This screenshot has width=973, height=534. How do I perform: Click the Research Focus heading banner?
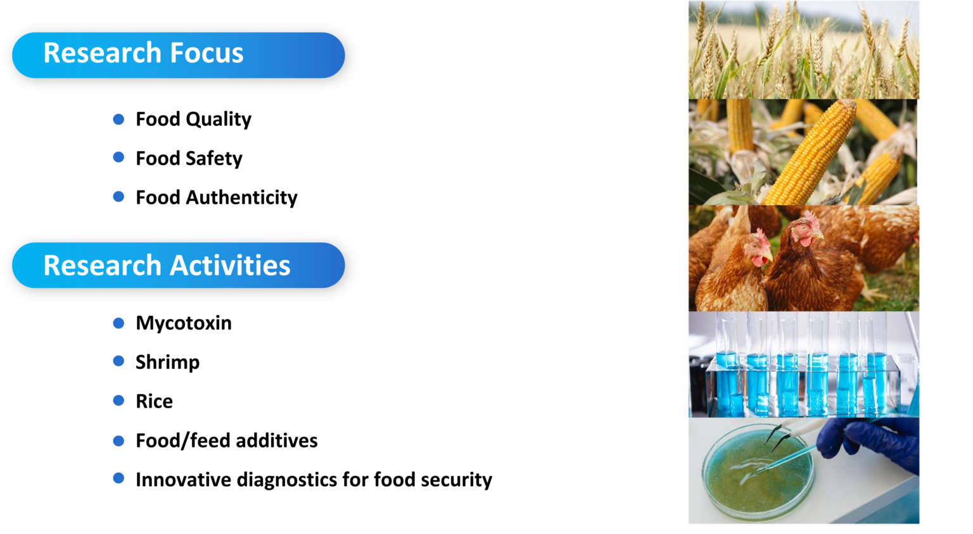(x=178, y=55)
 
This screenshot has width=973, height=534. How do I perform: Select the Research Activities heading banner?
(x=178, y=265)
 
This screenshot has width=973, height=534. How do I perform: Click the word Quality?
(x=219, y=120)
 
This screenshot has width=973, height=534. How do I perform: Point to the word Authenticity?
(x=241, y=197)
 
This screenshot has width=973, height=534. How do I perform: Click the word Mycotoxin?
(x=184, y=323)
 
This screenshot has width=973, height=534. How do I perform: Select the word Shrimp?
(x=167, y=363)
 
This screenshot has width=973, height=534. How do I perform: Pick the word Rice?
(x=154, y=401)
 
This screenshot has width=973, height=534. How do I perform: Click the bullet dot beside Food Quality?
(x=118, y=119)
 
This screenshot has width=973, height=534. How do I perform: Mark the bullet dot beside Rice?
(x=118, y=400)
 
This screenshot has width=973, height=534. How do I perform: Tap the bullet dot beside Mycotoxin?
(x=118, y=323)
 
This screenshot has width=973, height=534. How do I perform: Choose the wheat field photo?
(x=803, y=49)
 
